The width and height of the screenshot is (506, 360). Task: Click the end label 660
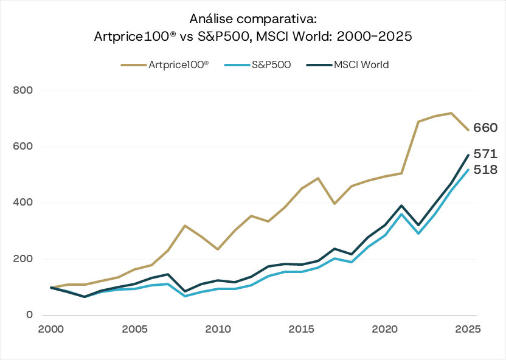click(x=487, y=128)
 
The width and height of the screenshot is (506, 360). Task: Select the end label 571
click(x=487, y=154)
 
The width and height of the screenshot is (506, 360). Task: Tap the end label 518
click(x=487, y=170)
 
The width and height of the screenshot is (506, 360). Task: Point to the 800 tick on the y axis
click(x=22, y=91)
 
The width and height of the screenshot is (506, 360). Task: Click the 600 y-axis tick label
click(x=22, y=147)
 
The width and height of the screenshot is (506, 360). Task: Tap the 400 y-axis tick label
click(x=22, y=202)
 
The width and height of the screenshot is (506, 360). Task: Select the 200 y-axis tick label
click(x=22, y=259)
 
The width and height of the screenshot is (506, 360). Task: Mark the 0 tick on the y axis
click(x=29, y=315)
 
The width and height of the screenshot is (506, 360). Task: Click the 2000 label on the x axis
click(x=50, y=329)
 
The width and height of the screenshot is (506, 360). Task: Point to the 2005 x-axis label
click(x=134, y=329)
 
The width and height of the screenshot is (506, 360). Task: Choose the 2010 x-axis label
click(x=218, y=329)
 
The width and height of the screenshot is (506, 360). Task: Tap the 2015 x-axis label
click(x=302, y=329)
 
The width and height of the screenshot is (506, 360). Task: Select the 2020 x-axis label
click(x=385, y=329)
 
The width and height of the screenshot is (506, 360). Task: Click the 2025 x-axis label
click(x=468, y=329)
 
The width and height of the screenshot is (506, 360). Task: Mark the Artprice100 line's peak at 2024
click(x=451, y=113)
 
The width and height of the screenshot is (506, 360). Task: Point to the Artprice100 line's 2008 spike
click(x=184, y=226)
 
